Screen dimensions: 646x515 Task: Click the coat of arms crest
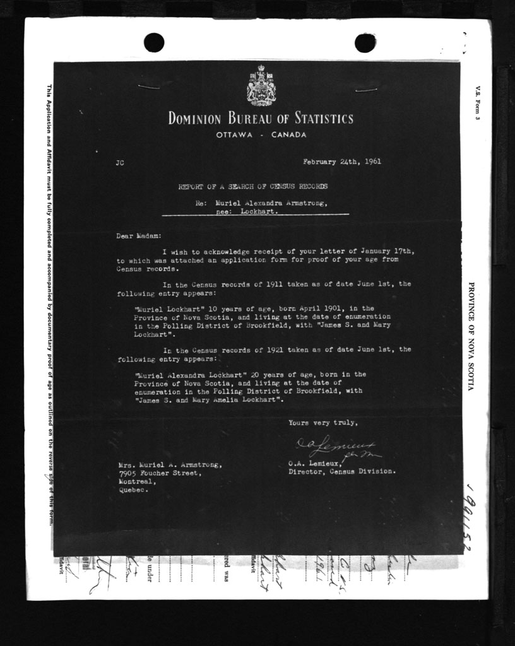pyautogui.click(x=261, y=85)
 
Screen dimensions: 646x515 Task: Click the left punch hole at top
pyautogui.click(x=154, y=42)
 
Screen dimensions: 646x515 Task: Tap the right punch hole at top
pyautogui.click(x=365, y=42)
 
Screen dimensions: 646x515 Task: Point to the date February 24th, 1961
pyautogui.click(x=341, y=161)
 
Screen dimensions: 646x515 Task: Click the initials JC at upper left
pyautogui.click(x=121, y=163)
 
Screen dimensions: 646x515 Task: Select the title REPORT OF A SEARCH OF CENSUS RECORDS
pyautogui.click(x=252, y=187)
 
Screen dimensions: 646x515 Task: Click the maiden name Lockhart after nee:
pyautogui.click(x=259, y=213)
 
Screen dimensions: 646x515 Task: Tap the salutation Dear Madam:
pyautogui.click(x=139, y=236)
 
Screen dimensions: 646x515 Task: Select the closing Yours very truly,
pyautogui.click(x=323, y=423)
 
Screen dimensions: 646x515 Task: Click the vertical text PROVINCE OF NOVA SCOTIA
pyautogui.click(x=471, y=336)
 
